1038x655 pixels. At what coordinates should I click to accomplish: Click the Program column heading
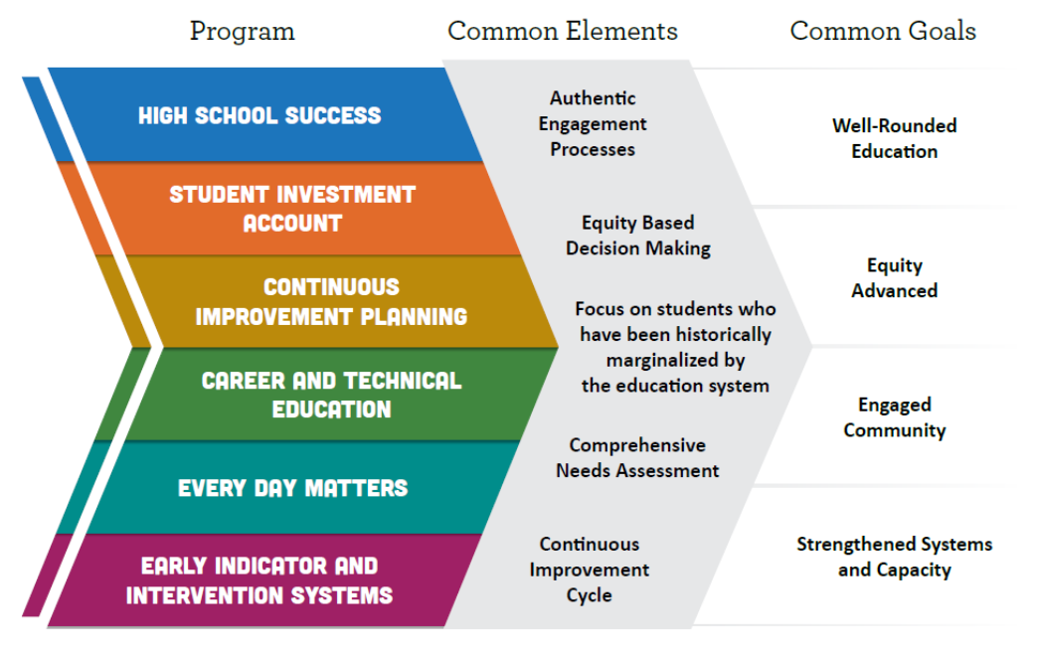243,32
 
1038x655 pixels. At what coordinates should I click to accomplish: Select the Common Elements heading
563,31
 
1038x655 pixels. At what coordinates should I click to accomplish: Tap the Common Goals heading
883,31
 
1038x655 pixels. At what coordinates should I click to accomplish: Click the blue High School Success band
264,115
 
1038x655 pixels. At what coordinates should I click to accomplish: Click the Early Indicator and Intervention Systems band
264,580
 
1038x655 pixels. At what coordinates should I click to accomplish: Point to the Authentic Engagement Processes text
593,123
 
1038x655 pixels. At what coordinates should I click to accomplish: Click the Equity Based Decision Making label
638,236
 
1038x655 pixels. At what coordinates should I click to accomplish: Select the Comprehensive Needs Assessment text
637,458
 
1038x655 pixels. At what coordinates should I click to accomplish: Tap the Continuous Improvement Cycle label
590,570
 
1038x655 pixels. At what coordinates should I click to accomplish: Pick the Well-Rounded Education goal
895,138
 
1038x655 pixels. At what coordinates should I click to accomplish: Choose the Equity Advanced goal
895,278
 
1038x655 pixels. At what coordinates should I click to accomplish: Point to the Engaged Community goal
895,417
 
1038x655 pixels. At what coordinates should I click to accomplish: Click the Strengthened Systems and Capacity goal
895,557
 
